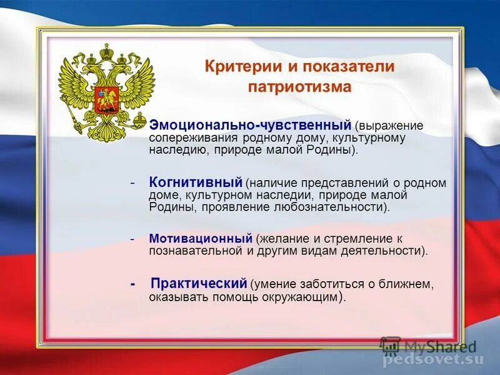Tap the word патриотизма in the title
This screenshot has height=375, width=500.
(x=299, y=87)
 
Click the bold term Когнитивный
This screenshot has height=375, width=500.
(x=196, y=182)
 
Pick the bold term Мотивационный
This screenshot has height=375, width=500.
(x=201, y=239)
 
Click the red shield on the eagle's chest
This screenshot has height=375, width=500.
(x=106, y=101)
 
